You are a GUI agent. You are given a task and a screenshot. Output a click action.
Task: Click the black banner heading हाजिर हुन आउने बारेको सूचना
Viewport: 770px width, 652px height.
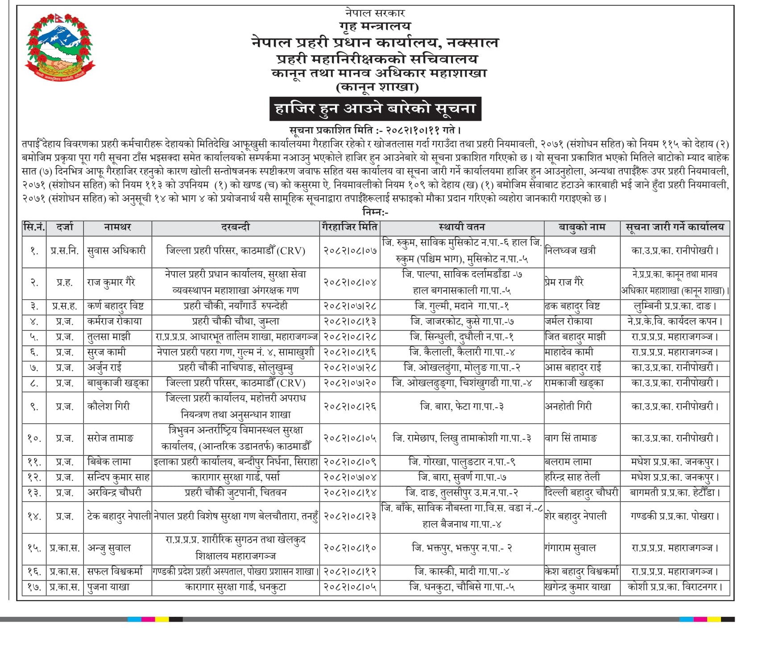(375, 109)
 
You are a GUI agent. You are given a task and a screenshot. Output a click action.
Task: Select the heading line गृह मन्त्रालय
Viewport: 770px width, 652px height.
(375, 26)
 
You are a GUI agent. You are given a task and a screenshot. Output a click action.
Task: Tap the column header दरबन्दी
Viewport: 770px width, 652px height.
(236, 227)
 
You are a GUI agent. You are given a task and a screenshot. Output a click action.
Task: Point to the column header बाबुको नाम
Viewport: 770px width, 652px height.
(582, 227)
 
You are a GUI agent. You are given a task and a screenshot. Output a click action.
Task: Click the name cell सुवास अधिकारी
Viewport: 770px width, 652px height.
(117, 251)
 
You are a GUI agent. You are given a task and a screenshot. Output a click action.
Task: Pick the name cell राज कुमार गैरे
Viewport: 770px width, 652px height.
(111, 282)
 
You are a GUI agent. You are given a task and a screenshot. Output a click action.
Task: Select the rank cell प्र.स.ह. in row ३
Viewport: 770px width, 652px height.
(65, 306)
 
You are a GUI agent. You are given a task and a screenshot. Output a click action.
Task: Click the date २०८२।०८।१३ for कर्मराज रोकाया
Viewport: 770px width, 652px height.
(350, 322)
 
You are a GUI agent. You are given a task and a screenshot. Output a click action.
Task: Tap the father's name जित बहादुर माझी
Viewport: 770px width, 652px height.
(575, 337)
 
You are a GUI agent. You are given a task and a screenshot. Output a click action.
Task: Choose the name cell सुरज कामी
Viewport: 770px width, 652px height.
(107, 352)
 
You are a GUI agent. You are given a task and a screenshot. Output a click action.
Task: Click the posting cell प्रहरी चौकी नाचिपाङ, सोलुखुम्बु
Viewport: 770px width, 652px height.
(236, 368)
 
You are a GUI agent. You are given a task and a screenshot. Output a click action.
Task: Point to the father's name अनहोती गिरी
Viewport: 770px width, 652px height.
(568, 406)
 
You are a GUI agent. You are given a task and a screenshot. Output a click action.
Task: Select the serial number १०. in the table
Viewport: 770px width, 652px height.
(34, 438)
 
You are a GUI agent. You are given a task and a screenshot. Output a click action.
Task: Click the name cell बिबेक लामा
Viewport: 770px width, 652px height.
(109, 462)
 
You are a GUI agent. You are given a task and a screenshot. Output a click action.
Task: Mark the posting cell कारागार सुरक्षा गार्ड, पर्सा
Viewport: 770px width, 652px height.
(236, 477)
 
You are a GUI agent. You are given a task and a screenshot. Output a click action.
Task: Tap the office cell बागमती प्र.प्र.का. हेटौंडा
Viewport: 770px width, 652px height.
(675, 493)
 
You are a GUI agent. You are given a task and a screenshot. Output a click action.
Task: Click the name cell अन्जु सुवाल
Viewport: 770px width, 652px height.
(109, 548)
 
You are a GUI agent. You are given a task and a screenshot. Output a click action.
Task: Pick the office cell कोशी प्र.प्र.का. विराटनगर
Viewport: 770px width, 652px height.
(675, 587)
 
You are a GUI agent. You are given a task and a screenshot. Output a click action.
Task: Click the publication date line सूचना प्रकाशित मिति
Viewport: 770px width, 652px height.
(375, 130)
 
